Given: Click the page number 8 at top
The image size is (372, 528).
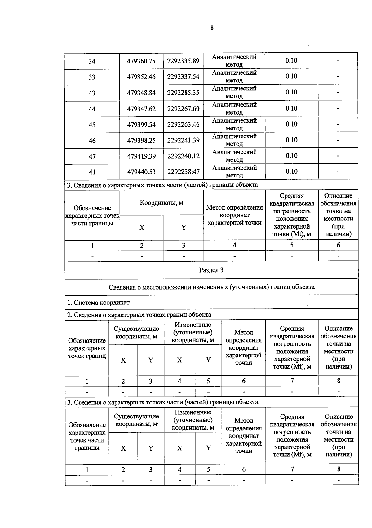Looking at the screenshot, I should point(212,28).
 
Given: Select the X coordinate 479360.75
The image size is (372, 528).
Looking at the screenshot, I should point(141,61).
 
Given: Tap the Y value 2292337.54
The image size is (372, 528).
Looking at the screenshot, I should point(183,76).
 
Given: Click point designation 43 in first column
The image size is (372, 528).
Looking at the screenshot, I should point(92,93).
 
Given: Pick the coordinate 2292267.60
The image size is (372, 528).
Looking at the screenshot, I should point(183,109).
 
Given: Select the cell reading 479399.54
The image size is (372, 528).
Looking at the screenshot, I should point(141,125).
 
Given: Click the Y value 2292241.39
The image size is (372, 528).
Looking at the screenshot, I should point(183,140).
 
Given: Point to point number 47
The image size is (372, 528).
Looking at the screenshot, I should point(92,156).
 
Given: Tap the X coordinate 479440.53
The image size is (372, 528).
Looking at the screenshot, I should point(141,172).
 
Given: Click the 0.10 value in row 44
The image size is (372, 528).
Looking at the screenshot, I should point(291,108).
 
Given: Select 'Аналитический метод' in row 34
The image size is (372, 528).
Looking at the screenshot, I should point(234,61).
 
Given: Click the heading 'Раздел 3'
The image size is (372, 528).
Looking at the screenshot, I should point(211,270).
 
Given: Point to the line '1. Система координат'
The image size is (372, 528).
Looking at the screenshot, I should point(99,303).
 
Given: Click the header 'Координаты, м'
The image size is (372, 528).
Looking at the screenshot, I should point(161,203).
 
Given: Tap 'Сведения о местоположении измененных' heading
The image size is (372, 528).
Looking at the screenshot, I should point(211,287).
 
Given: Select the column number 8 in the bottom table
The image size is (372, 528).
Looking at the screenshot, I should point(339,469).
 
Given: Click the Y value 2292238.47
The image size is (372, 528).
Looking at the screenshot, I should point(183,172).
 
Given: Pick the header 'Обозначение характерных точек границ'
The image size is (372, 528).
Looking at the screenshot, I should point(87,348).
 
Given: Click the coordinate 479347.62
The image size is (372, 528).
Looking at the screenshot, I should point(141,109).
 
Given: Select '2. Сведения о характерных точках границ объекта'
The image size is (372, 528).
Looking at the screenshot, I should point(139,315).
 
